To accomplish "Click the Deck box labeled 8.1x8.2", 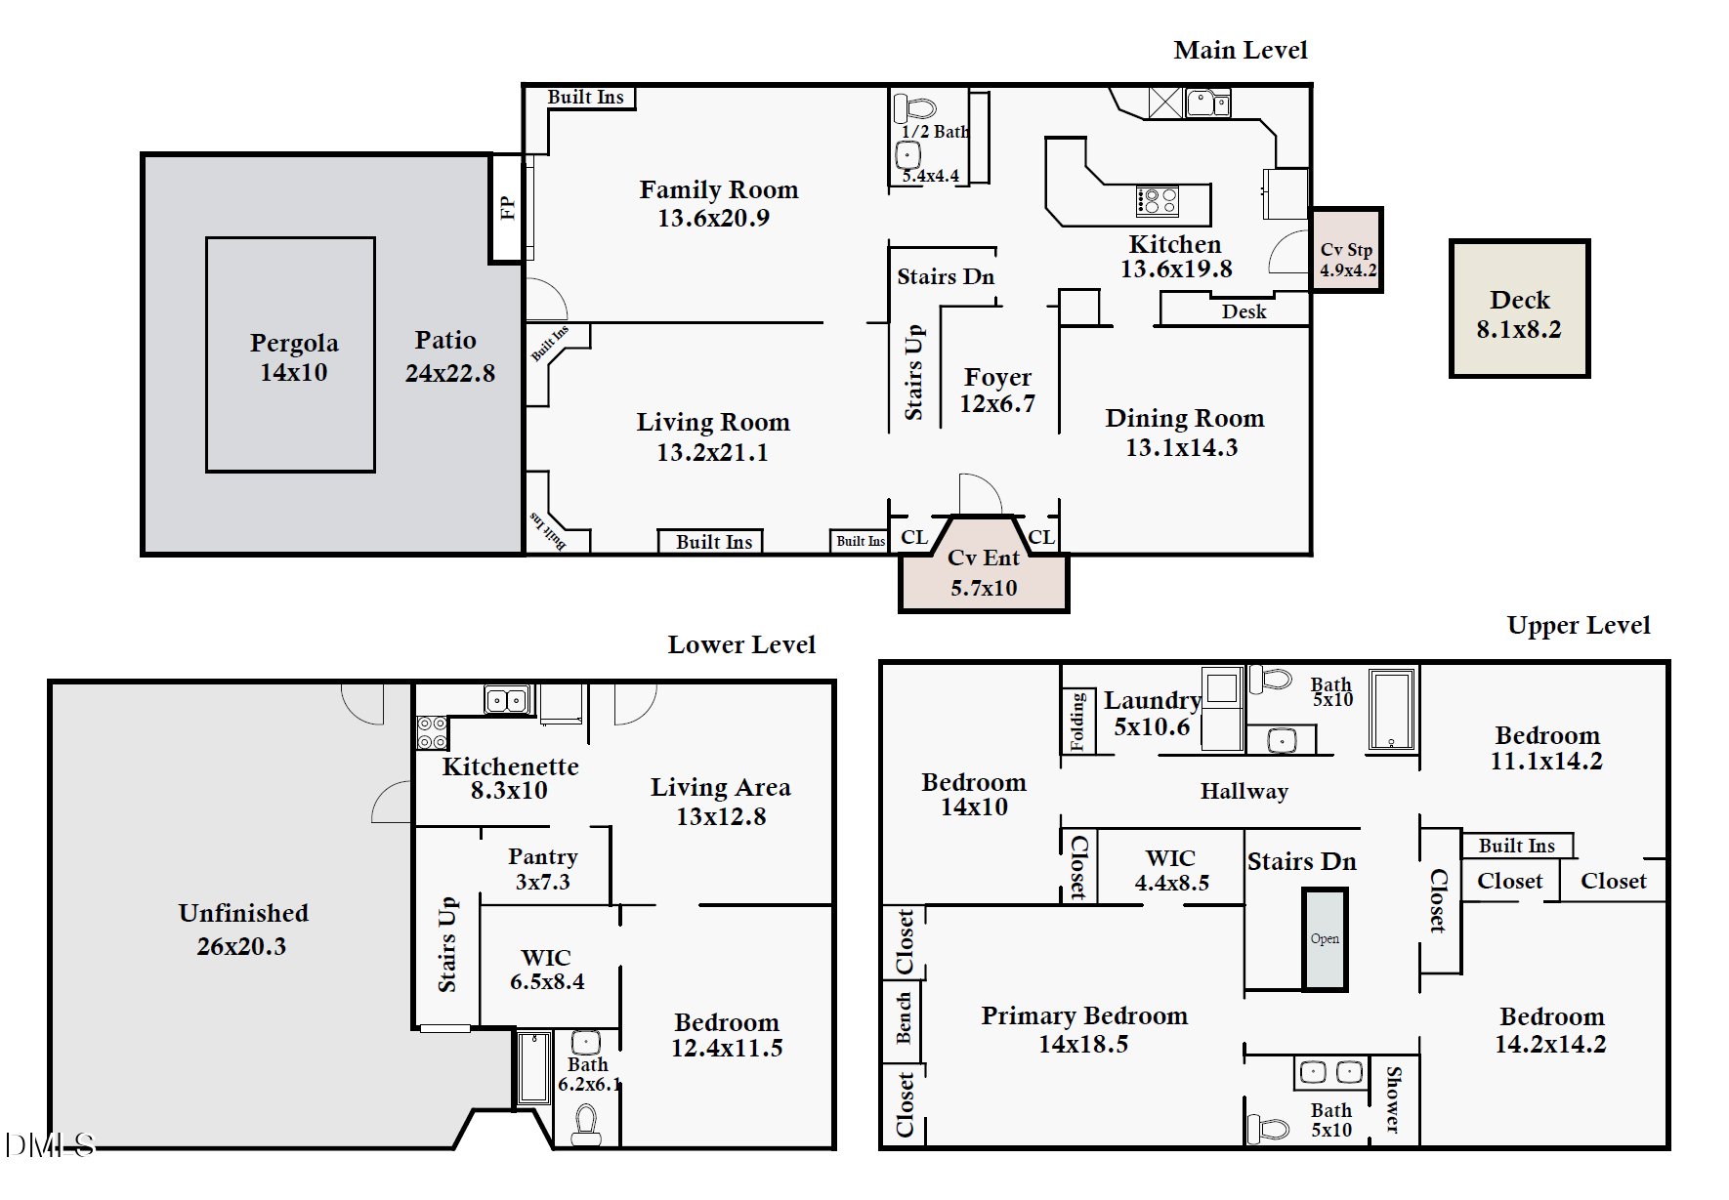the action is click(x=1519, y=309).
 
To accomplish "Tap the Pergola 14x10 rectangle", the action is click(x=290, y=354).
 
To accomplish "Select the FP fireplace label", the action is click(x=507, y=208).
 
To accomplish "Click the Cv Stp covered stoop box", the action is click(x=1346, y=250).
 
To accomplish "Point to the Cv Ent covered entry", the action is click(x=984, y=571).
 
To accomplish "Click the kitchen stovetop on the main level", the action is click(x=1158, y=201).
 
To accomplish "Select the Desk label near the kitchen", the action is click(x=1244, y=311).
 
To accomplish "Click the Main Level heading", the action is click(x=1241, y=50).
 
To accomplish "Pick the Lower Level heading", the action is click(x=741, y=644).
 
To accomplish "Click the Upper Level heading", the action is click(x=1579, y=625).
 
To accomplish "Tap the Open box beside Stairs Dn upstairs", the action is click(x=1325, y=939).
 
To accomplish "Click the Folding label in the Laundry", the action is click(x=1077, y=721).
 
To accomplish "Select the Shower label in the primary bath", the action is click(x=1394, y=1099).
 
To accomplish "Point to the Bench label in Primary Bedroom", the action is click(x=904, y=1017).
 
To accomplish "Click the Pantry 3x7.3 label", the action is click(x=543, y=869).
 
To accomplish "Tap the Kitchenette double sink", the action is click(x=507, y=700).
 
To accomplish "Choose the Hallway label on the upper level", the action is click(x=1244, y=792).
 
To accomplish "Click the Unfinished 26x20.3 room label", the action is click(x=243, y=929).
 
